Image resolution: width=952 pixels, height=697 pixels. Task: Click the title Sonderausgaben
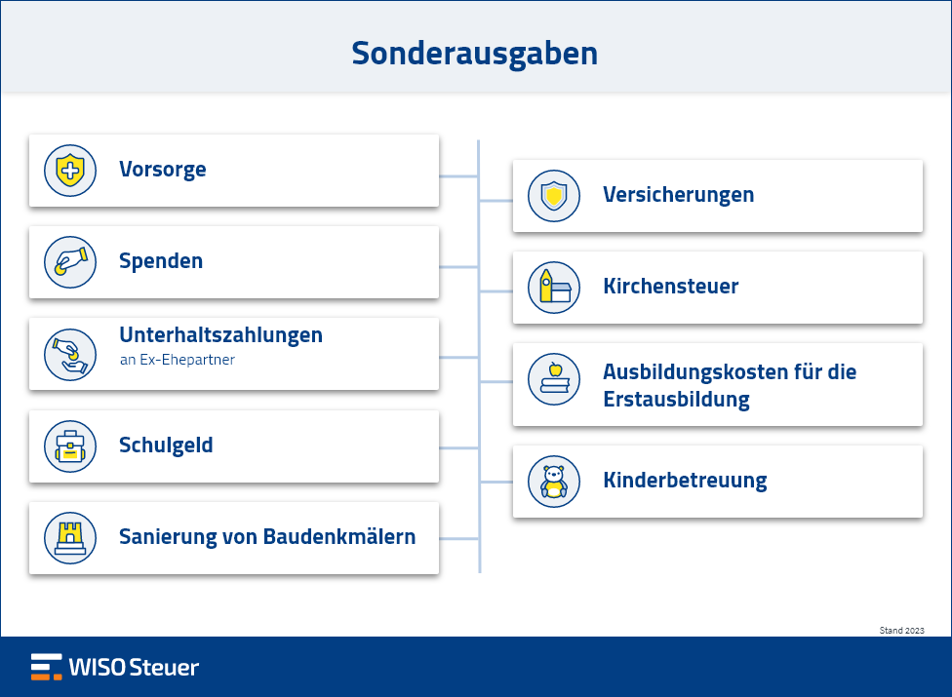point(475,54)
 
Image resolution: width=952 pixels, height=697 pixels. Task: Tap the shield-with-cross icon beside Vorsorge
point(70,171)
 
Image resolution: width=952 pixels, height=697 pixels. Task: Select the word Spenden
point(161,261)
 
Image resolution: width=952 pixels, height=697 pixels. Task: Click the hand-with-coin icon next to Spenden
point(70,262)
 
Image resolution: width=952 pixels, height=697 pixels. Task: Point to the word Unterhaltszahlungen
point(221,335)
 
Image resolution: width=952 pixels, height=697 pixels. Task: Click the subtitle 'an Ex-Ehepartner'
point(178,360)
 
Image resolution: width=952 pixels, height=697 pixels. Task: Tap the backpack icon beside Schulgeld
point(70,446)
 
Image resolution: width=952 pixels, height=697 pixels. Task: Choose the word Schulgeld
point(166,445)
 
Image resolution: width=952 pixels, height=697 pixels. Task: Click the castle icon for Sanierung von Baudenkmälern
point(70,538)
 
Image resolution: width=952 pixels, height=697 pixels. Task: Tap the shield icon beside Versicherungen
point(554,196)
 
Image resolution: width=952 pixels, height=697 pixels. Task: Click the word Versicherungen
point(679,195)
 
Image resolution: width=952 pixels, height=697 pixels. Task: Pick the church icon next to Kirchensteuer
point(554,288)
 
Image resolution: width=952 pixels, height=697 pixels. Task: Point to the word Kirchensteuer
point(671,287)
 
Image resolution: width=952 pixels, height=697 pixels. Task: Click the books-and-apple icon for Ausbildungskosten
point(554,379)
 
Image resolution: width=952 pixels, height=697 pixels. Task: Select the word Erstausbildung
point(676,400)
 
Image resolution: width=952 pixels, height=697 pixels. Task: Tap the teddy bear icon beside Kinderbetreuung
point(554,482)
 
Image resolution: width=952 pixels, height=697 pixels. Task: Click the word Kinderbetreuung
point(685,481)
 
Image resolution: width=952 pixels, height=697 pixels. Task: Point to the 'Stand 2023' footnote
point(901,631)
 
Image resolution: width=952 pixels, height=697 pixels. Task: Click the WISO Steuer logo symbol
point(47,667)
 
